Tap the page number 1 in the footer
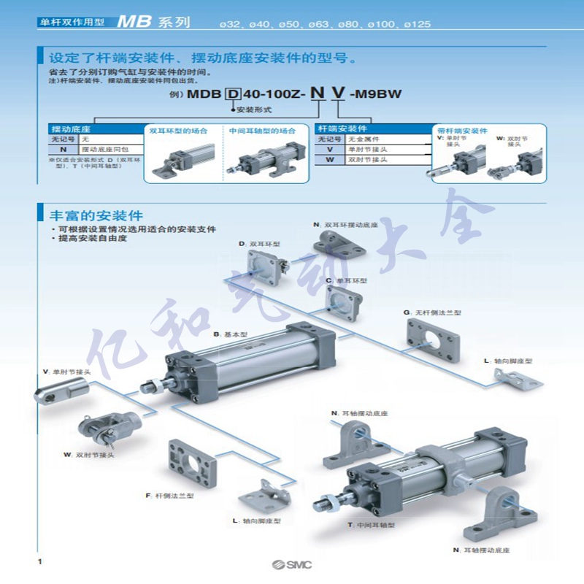click(x=39, y=561)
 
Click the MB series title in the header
click(x=153, y=23)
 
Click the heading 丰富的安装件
click(x=96, y=216)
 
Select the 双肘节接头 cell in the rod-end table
click(x=368, y=159)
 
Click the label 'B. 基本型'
click(x=231, y=334)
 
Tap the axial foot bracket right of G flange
click(x=519, y=378)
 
